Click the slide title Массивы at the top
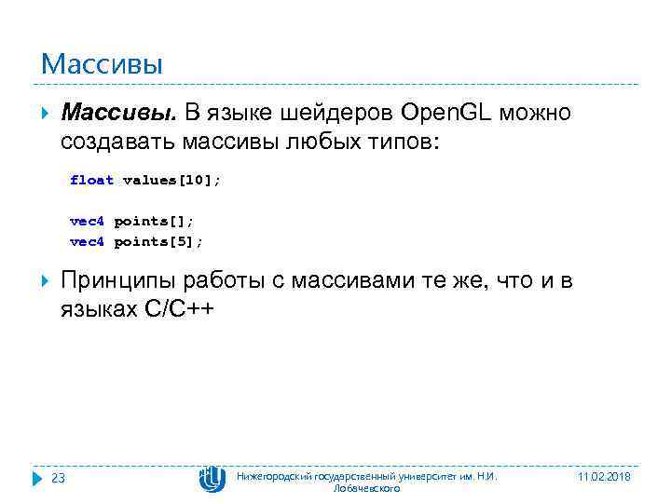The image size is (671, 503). (x=102, y=64)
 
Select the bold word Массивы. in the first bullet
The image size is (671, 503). (x=117, y=114)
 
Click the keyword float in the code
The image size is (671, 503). (x=91, y=180)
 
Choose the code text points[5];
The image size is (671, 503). (x=157, y=241)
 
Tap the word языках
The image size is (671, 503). (x=99, y=310)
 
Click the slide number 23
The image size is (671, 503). (x=58, y=478)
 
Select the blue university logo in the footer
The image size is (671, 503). (x=212, y=479)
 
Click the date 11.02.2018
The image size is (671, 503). (x=604, y=476)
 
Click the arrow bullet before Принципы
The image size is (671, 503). (x=46, y=282)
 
